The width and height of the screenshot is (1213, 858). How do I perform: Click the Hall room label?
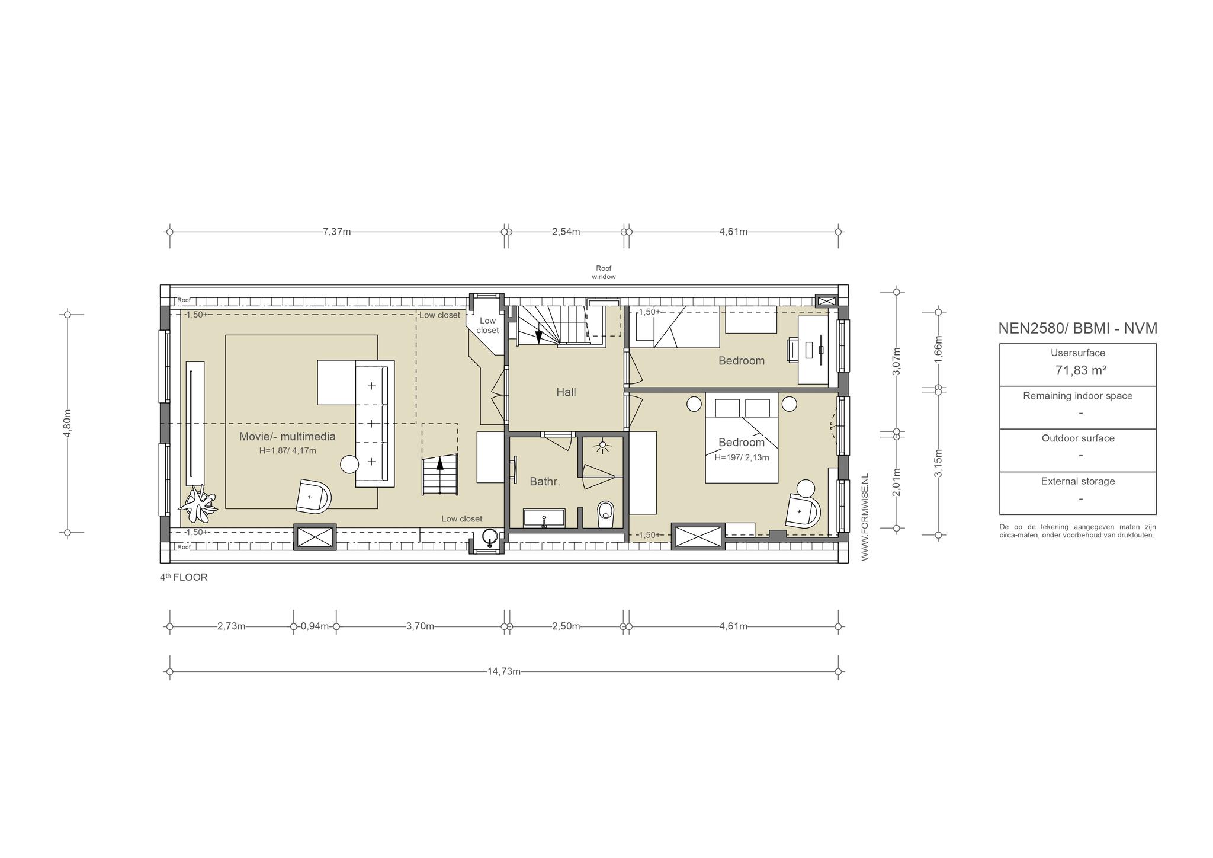click(566, 392)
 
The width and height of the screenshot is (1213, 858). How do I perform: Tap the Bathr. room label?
click(545, 482)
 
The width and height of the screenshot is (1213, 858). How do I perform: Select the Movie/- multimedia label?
click(287, 437)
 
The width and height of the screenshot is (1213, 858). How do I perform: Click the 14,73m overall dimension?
click(504, 671)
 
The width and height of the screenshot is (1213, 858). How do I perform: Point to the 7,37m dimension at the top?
click(337, 232)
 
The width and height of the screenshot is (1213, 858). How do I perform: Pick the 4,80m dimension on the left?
click(68, 424)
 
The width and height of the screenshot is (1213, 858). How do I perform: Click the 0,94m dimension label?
click(315, 626)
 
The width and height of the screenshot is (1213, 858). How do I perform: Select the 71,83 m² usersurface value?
click(1082, 370)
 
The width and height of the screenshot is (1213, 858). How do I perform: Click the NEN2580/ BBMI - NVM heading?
click(1078, 328)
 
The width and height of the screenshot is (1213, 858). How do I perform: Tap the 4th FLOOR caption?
click(184, 577)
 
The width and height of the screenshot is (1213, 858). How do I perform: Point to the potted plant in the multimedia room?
click(198, 503)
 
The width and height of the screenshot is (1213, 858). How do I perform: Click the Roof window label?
click(604, 273)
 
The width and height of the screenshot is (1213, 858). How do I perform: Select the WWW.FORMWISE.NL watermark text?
click(865, 517)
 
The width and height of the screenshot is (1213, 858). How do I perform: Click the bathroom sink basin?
click(544, 518)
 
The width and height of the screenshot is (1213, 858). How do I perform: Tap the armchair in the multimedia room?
click(313, 496)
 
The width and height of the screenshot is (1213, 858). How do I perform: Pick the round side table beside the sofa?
click(349, 464)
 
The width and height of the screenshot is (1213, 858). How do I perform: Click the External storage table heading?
click(1078, 481)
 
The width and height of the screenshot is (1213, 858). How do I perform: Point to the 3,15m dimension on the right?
click(938, 463)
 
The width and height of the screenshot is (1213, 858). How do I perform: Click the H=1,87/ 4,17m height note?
click(287, 450)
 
